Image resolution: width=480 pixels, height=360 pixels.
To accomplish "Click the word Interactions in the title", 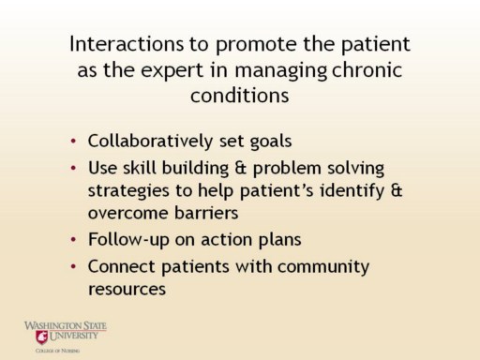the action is tap(127, 44).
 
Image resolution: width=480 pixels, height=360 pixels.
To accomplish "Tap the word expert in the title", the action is tap(172, 70).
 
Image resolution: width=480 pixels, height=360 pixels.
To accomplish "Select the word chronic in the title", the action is tap(367, 69).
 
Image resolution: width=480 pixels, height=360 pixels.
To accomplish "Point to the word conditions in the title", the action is tap(240, 95).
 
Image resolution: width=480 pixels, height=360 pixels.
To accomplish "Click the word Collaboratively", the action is tap(150, 141).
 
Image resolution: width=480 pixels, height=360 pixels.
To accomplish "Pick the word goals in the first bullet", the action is tap(271, 142).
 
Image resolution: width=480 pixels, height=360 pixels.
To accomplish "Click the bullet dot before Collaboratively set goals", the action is tap(73, 142).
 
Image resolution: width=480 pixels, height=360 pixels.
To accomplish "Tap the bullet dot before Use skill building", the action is tap(73, 169).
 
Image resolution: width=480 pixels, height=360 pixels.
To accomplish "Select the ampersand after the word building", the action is tap(241, 168).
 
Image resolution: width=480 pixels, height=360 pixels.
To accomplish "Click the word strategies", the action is tap(128, 191).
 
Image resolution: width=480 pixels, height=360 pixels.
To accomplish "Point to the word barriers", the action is tap(206, 213).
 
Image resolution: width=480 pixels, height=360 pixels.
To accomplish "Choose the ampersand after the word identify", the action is tap(397, 190).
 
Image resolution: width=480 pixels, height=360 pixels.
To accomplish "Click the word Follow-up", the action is tap(128, 240).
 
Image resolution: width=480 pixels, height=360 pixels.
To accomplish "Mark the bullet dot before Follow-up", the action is tap(73, 240).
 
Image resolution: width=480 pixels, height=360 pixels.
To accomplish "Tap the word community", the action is tap(323, 267).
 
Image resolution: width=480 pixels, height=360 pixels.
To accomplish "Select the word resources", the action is tap(127, 290).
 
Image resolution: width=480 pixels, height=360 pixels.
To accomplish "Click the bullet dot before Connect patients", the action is tap(73, 267).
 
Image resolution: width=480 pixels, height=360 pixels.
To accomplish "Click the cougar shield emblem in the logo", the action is tap(41, 337).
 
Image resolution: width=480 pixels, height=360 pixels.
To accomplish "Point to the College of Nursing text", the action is tap(57, 351).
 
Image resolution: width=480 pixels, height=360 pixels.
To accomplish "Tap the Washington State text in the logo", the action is tap(66, 325).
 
